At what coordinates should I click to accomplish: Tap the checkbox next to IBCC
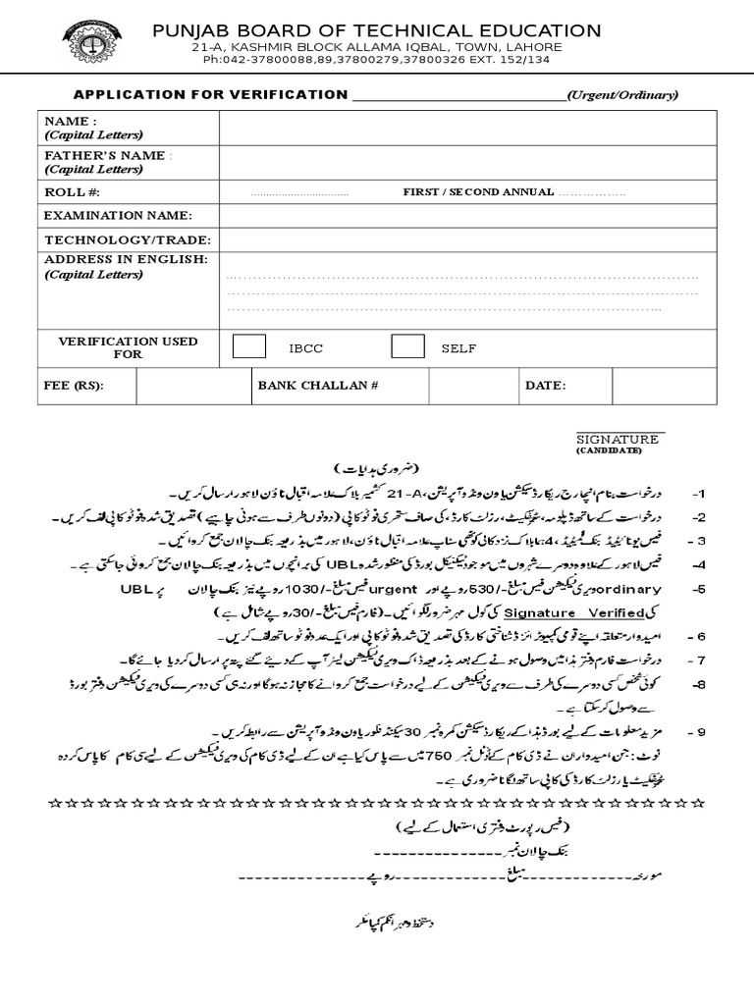(249, 346)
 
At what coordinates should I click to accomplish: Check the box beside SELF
(407, 346)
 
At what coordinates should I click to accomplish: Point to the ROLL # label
(72, 191)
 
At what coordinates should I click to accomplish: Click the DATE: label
(545, 386)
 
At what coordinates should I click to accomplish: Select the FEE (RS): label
(74, 386)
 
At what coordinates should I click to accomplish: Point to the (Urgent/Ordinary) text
(622, 95)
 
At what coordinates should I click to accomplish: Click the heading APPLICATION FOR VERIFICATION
(211, 95)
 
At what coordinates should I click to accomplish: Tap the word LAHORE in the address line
(535, 47)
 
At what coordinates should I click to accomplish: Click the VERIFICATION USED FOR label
(128, 346)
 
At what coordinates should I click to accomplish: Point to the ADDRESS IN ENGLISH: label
(126, 259)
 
